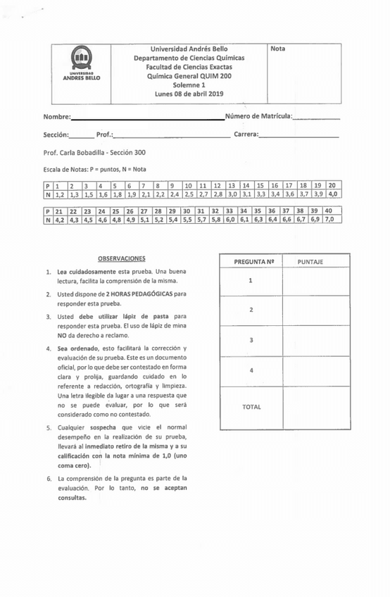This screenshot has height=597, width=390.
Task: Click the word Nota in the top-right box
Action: coord(278,49)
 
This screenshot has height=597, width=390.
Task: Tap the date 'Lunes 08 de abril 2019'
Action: coord(189,94)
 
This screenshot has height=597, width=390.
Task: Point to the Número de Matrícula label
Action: coord(258,115)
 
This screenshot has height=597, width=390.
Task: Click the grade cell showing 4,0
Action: coord(332,194)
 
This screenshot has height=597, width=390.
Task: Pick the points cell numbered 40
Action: coord(328,210)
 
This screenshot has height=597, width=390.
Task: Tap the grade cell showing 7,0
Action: coord(329,220)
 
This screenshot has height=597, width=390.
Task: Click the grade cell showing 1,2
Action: coord(61,194)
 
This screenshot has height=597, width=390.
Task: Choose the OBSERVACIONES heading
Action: coord(121,258)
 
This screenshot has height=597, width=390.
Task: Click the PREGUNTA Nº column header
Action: coord(251,261)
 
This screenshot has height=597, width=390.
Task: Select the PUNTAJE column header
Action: coord(310,261)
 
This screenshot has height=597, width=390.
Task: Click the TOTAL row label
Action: coord(251,407)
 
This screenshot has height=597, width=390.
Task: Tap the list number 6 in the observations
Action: coord(49,479)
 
